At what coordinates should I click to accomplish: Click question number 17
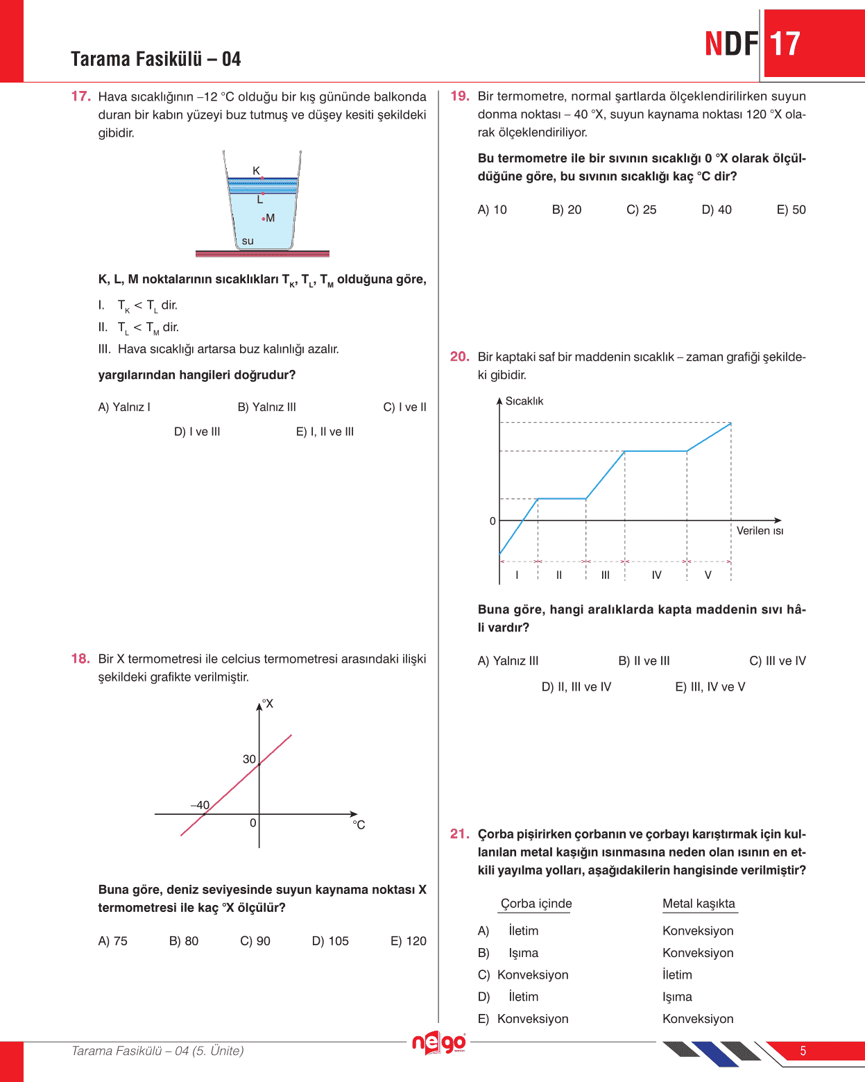(80, 96)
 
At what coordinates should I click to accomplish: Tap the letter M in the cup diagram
(271, 218)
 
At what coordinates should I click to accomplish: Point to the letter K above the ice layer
(256, 171)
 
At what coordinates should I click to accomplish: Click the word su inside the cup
(248, 242)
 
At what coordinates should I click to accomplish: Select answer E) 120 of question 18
(409, 941)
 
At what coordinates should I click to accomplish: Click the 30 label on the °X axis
(249, 759)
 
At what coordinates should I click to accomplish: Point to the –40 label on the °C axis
(200, 805)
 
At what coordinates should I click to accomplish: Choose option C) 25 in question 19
(641, 210)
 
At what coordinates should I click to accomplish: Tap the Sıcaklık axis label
(524, 401)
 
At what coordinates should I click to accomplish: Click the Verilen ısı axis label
(760, 531)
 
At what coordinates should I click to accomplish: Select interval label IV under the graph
(656, 575)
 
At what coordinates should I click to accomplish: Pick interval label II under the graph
(559, 575)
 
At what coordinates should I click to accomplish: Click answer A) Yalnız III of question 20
(508, 661)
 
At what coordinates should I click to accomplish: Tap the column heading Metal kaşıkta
(699, 904)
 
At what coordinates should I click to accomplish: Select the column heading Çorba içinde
(536, 904)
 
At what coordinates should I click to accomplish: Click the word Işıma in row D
(677, 997)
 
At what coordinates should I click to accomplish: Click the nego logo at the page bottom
(438, 1043)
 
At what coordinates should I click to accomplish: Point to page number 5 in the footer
(803, 1051)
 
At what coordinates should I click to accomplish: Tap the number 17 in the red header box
(785, 44)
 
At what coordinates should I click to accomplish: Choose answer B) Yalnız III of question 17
(266, 407)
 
